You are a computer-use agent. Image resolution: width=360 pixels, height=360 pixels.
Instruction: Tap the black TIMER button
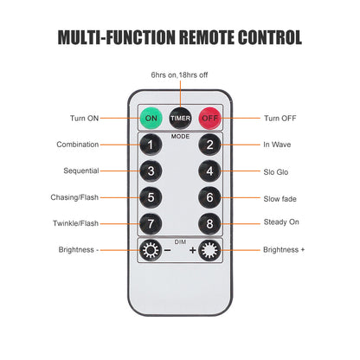coord(180,119)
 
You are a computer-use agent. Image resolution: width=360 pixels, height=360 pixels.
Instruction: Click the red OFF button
coord(210,119)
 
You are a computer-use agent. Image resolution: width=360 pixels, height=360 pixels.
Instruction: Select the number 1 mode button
coord(151,145)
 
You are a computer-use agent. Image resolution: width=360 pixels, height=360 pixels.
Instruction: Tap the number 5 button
coord(151,197)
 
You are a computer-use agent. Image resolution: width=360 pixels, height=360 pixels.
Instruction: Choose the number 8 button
coord(209,224)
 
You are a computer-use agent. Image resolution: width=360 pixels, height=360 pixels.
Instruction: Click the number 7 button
coord(151,224)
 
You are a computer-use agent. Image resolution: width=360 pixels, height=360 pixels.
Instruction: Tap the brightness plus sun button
coord(209,250)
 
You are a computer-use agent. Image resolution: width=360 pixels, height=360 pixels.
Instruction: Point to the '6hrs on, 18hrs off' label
coord(179,75)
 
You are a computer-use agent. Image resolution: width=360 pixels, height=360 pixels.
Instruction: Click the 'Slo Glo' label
coord(276,172)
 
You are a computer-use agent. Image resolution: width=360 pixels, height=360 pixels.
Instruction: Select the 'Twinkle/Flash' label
coord(75,223)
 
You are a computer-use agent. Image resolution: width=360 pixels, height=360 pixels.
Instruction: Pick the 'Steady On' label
coord(281,222)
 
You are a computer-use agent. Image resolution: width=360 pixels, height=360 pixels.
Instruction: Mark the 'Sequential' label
coord(81,170)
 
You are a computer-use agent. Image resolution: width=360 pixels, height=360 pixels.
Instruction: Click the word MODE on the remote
coord(180,137)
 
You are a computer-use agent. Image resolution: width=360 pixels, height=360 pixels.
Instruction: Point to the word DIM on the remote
coord(180,241)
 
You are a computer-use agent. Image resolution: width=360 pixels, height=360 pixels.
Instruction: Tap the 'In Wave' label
coord(277,145)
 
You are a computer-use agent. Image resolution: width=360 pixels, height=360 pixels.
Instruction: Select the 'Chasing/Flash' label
coord(74,197)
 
